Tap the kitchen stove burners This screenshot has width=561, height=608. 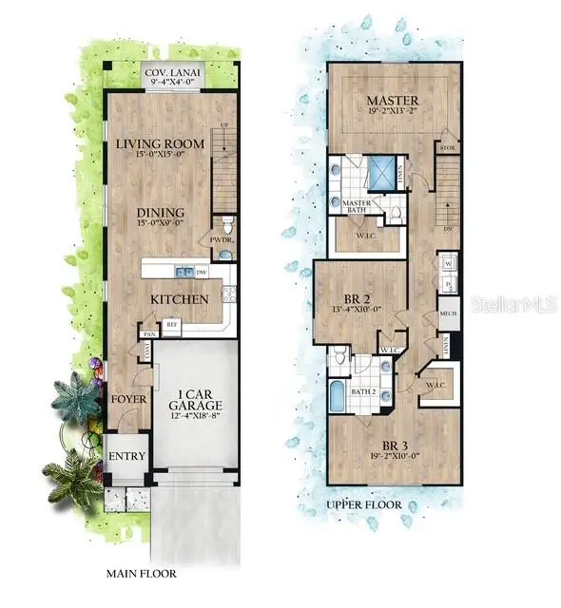228,294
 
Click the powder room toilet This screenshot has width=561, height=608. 224,254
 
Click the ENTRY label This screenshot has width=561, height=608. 126,456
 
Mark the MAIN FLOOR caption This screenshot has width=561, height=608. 141,574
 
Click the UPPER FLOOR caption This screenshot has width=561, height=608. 363,504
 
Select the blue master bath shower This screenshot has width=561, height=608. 385,171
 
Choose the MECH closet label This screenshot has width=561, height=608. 448,312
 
